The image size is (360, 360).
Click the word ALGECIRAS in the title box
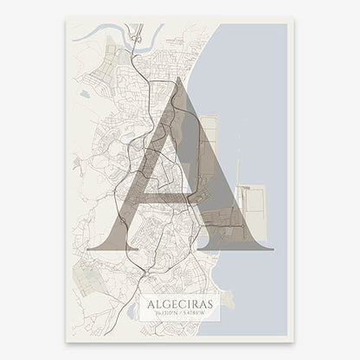pyautogui.click(x=179, y=304)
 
